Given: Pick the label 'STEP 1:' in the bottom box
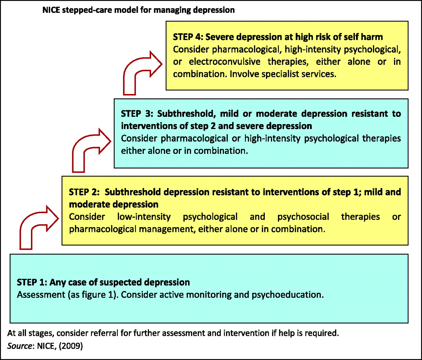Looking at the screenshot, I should click(32, 282).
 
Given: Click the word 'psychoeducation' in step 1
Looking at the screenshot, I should click(287, 295).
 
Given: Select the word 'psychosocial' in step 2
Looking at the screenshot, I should click(303, 217).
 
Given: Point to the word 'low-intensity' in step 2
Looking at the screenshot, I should click(144, 217).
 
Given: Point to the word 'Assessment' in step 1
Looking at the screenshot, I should click(41, 295).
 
